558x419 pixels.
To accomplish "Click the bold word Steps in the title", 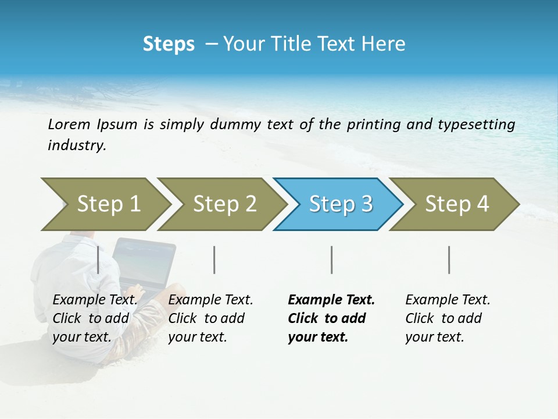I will coord(169,44).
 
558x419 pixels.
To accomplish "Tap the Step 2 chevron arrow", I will coord(224,204).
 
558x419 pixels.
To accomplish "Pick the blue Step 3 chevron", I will coord(340,204).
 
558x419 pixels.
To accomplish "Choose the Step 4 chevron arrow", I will coord(456,204).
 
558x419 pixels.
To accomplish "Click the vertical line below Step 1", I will coord(98,260).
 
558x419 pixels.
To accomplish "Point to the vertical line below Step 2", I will coord(214,260).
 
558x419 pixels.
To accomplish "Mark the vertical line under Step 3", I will coord(331,260).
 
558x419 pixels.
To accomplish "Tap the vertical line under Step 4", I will coord(449,260).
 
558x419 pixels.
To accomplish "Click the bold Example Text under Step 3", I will coord(331,300).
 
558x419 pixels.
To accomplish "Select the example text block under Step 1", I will coord(95,318).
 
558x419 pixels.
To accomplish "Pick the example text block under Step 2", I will coord(210,318).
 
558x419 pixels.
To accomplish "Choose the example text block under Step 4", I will coord(448,318).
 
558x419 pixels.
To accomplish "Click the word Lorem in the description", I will coord(69,124).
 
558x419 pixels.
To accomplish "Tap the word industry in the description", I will coord(77,145).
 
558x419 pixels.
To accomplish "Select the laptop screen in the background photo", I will coord(144,261).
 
